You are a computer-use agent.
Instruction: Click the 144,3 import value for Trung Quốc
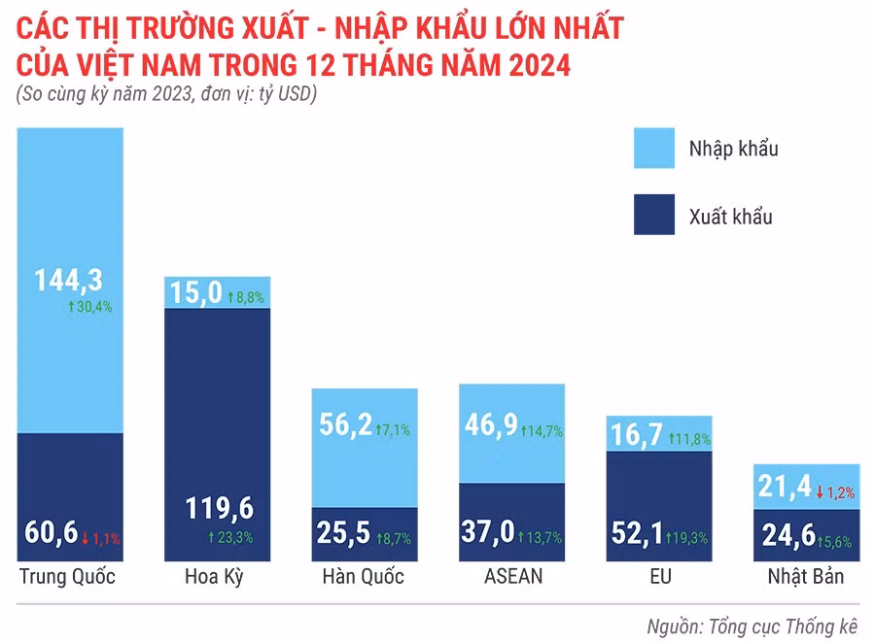69,281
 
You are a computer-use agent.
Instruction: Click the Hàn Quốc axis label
363,577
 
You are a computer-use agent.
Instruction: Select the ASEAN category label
512,577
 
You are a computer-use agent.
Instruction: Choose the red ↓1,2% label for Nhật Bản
836,492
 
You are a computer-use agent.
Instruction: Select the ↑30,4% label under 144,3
89,306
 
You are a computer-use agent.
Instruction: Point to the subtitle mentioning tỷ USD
167,95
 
